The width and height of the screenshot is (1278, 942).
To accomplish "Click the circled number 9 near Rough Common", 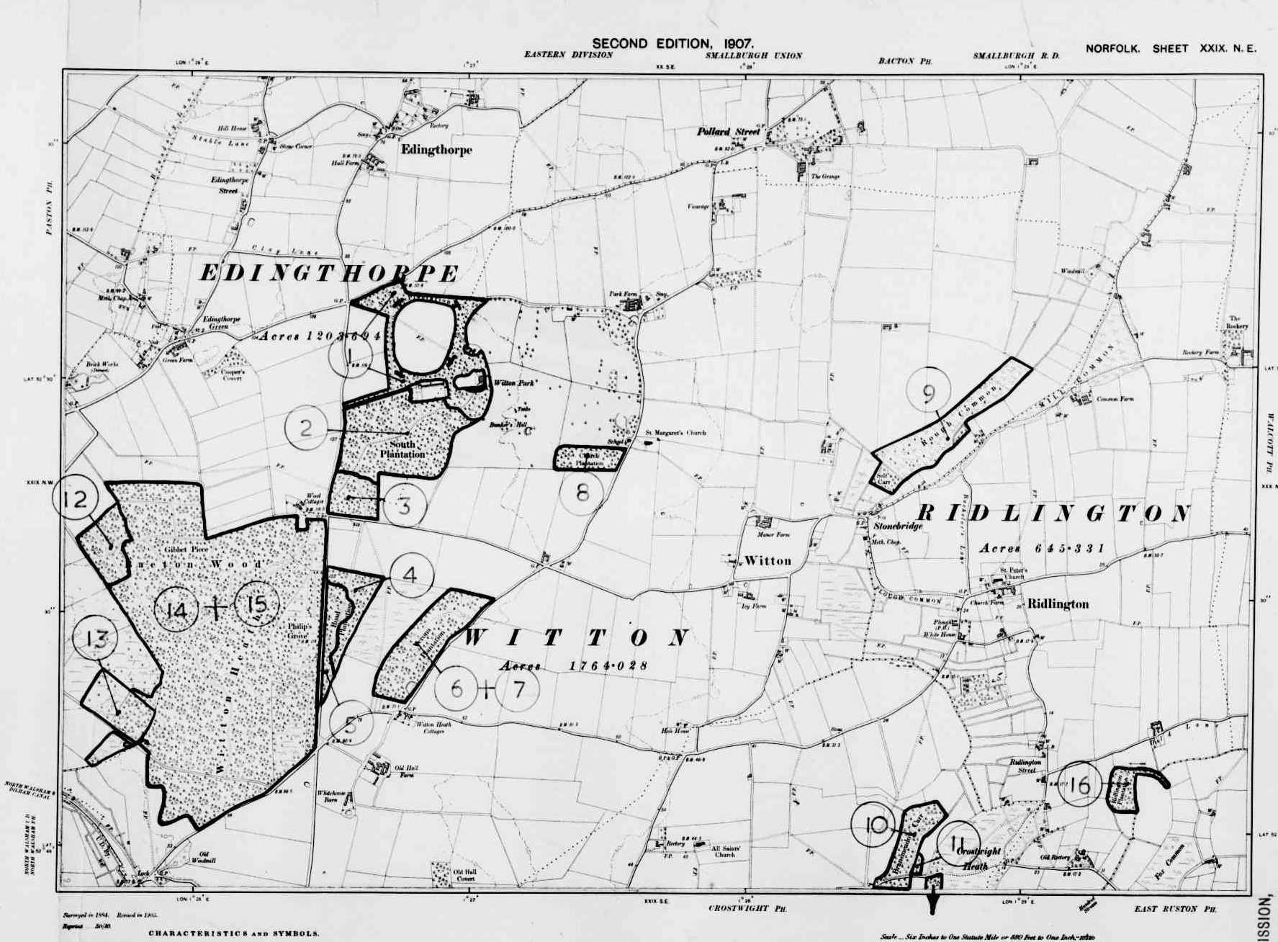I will [x=928, y=392].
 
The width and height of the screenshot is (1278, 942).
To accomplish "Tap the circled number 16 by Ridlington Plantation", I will [x=1080, y=785].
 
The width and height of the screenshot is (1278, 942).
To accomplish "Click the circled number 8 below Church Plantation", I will [x=582, y=493].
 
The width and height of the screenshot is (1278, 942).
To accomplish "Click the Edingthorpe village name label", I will [x=436, y=150].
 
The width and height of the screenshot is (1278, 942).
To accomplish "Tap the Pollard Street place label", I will [x=729, y=132].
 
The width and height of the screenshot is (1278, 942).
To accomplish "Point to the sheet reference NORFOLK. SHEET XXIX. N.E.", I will [x=1171, y=49].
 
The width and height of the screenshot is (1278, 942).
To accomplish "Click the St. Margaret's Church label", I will [x=675, y=433].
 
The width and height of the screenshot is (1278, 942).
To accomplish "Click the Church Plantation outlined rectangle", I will [x=589, y=458].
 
